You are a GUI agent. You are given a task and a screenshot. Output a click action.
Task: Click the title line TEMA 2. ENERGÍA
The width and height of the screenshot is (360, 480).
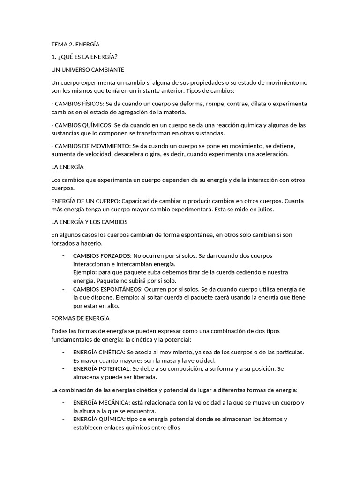[75, 45]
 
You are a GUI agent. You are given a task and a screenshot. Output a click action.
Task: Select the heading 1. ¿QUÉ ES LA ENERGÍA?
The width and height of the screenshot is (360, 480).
[84, 57]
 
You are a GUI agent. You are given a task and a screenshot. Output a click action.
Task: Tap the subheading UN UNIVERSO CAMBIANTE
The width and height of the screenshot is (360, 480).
[88, 70]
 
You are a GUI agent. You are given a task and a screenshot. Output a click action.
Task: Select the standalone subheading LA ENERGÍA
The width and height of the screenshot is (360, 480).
[67, 167]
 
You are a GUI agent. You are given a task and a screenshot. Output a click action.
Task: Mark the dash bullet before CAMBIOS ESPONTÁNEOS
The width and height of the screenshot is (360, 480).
[63, 289]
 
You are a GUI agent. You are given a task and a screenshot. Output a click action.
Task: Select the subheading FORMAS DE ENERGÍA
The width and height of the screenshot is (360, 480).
[80, 318]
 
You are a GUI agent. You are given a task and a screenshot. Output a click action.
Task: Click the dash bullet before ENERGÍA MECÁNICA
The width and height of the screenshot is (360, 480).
[63, 403]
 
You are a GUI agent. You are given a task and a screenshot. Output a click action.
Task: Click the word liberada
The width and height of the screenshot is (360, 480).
[144, 377]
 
